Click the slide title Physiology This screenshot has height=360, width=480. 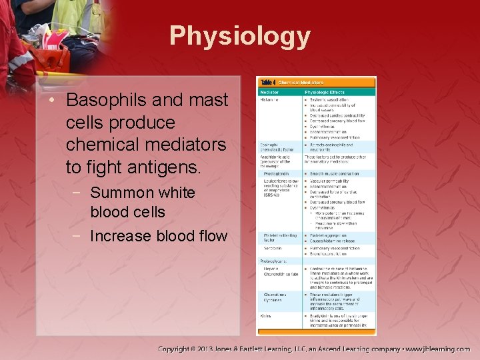coord(239,36)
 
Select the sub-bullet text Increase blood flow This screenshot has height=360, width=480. coord(158,236)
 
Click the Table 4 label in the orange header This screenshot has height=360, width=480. coord(268,81)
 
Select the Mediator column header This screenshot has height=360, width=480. coord(270,91)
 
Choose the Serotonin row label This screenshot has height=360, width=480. coord(272,249)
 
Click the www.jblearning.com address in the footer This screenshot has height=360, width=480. coord(438,349)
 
